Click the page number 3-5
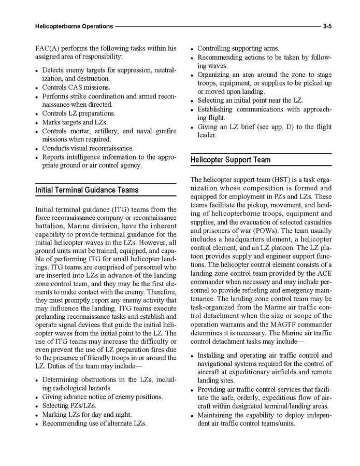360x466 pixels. tap(327, 26)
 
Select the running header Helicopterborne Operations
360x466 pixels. tap(74, 26)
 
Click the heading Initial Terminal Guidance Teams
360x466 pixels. tap(87, 190)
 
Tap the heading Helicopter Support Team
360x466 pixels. tap(230, 160)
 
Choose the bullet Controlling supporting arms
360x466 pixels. tap(238, 48)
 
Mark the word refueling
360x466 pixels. tap(247, 291)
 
